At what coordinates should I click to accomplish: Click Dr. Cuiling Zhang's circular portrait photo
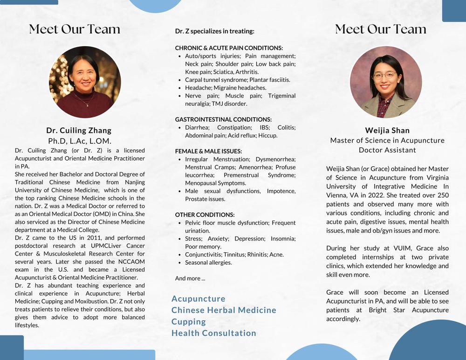click(85, 82)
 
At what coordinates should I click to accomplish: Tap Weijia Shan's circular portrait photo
click(385, 82)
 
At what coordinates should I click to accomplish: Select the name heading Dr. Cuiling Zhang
click(79, 130)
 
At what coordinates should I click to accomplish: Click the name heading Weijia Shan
click(387, 130)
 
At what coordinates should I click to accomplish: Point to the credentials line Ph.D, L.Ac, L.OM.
click(80, 140)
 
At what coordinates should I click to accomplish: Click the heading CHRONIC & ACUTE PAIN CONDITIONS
click(229, 48)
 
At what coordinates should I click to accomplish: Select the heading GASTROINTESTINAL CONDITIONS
click(223, 119)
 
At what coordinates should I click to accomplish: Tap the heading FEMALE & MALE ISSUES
click(208, 151)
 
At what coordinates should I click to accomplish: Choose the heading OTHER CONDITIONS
click(205, 215)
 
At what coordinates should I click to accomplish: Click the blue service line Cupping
click(188, 322)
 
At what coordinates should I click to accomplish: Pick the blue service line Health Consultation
click(214, 333)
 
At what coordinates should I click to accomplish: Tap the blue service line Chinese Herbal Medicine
click(224, 310)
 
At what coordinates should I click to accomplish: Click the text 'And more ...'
click(190, 278)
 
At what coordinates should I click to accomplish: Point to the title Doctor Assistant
click(387, 150)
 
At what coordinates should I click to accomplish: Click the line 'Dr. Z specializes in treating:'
click(214, 31)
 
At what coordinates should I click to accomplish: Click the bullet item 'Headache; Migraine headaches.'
click(226, 88)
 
